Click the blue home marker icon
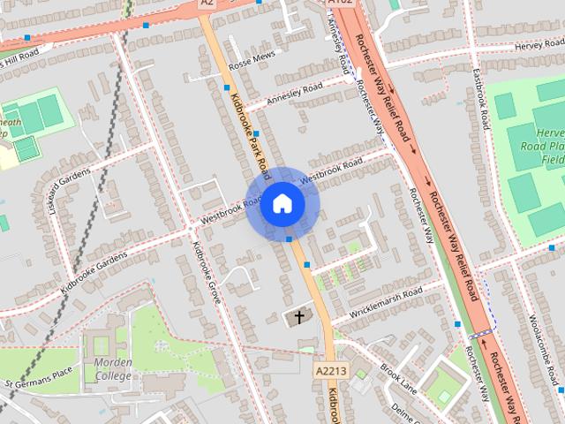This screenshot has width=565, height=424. click(x=282, y=204)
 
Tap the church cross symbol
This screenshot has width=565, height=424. click(x=298, y=315)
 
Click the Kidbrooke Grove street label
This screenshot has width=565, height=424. click(x=207, y=273)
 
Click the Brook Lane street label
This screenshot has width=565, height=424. click(x=399, y=371)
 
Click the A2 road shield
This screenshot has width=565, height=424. click(x=207, y=4)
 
